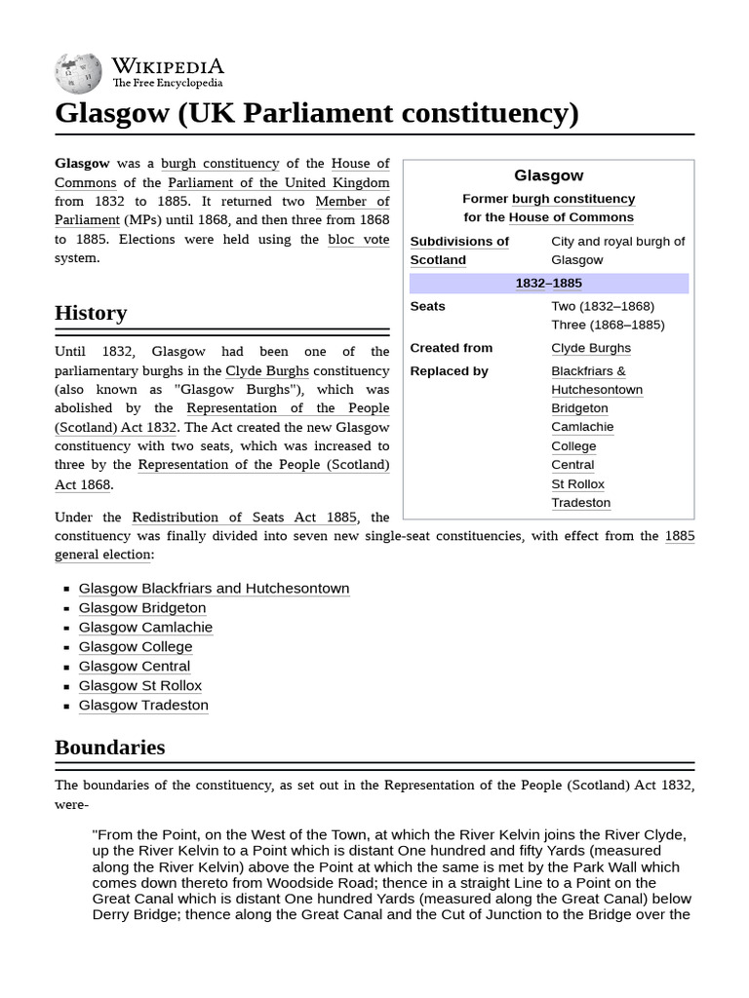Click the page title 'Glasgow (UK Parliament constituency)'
pos(316,113)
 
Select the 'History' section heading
pos(91,313)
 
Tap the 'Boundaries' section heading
pos(109,748)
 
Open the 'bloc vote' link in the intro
pos(358,239)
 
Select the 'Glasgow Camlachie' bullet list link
pos(145,628)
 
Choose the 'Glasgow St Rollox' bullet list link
pos(140,686)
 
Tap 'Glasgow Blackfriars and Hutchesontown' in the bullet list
pos(214,589)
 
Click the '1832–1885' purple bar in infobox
pos(548,284)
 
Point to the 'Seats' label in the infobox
pos(427,306)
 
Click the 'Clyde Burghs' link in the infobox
pos(590,348)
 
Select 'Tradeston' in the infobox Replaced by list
pos(580,503)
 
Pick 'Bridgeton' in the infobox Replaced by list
pos(579,408)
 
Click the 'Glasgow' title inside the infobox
pos(548,175)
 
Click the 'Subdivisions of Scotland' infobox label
pos(458,250)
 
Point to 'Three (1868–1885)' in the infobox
pos(608,325)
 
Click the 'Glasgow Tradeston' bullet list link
pos(143,706)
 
